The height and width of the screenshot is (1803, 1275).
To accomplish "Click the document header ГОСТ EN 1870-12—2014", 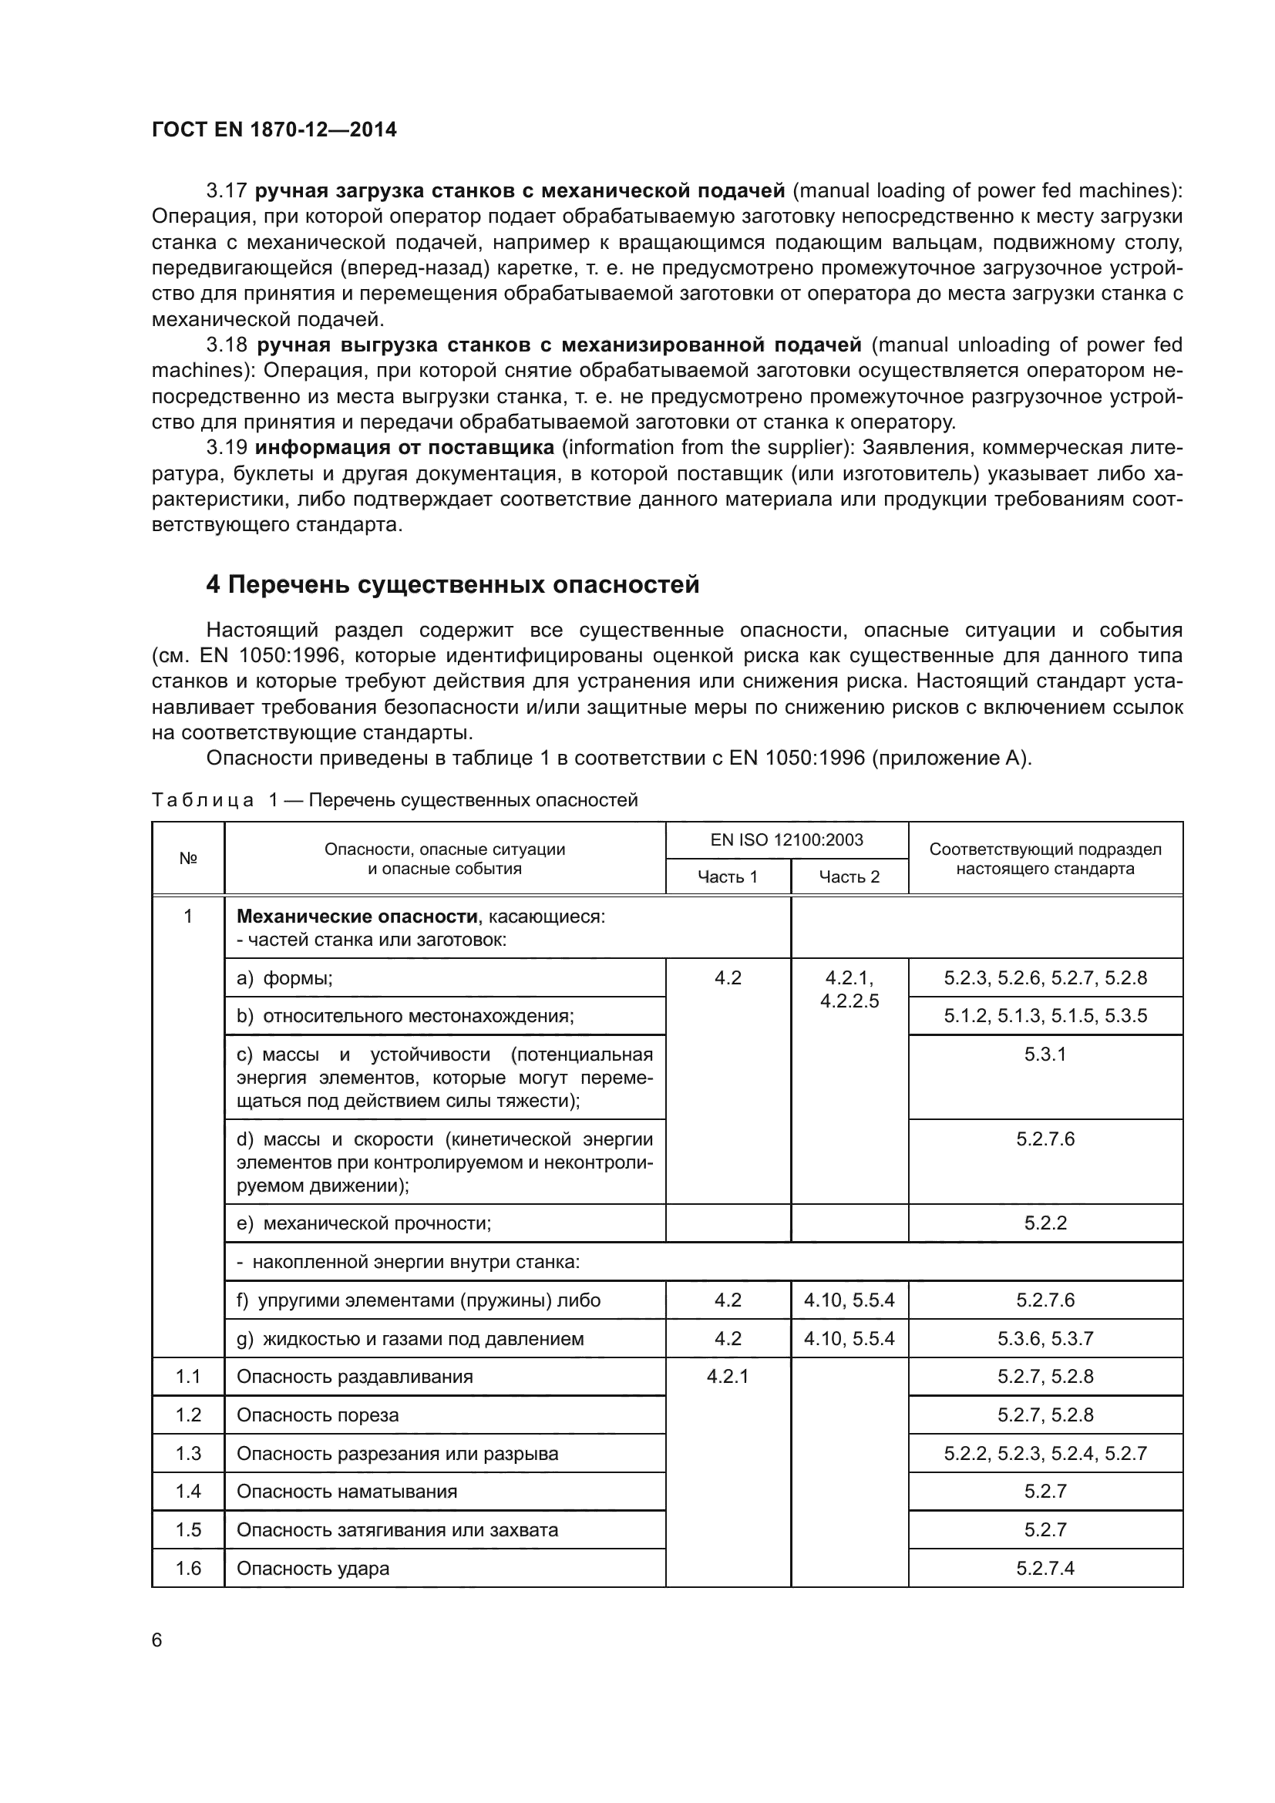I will (x=274, y=130).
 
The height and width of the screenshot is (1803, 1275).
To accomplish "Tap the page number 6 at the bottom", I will (x=157, y=1640).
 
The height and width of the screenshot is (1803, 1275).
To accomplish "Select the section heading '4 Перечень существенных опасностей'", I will (x=452, y=584).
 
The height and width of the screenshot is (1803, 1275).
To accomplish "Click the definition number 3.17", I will (x=226, y=191).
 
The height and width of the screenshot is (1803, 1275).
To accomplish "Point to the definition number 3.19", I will (x=226, y=448).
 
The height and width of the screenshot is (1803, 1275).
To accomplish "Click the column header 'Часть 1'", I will (x=727, y=877).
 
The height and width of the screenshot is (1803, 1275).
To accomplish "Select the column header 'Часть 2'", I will (x=849, y=877).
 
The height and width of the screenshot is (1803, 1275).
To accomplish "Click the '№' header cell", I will (x=187, y=858).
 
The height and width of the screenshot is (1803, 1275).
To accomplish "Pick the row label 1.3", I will (x=187, y=1453).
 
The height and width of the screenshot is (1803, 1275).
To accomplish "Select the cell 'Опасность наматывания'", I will (x=346, y=1492).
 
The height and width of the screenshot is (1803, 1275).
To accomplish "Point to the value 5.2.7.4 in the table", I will (x=1045, y=1568).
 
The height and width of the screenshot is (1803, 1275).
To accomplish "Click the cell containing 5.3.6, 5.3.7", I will (x=1045, y=1339).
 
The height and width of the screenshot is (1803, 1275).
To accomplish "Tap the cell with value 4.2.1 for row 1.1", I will (x=727, y=1377).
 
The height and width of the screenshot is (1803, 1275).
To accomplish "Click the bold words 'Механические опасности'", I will (x=356, y=917).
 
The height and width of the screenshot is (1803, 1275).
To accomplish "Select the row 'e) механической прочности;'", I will (x=364, y=1223).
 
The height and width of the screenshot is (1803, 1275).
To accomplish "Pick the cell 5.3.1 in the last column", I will (x=1045, y=1054).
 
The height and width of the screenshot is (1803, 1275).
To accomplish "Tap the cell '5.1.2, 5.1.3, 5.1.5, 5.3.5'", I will (x=1045, y=1016).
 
